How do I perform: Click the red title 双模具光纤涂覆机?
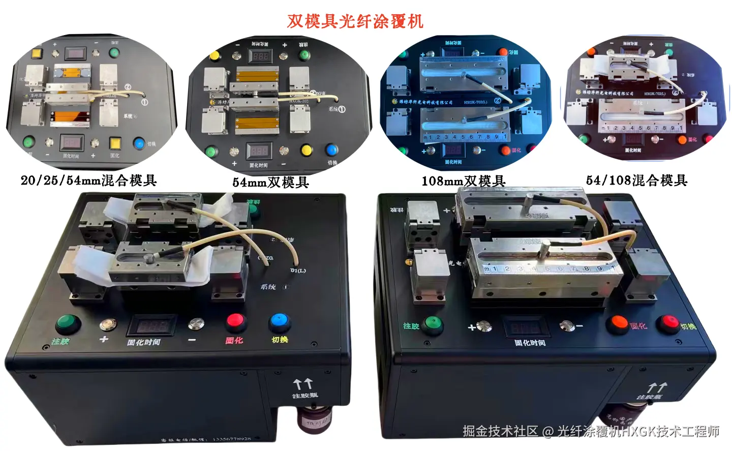point(355,21)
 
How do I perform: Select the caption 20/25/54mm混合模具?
point(88,181)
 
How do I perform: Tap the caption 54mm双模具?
point(270,182)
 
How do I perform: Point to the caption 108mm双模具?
point(463,181)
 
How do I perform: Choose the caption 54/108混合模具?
point(636,181)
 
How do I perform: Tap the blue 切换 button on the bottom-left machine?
point(279,321)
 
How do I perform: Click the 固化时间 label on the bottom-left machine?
point(144,342)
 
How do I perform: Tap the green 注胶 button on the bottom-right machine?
point(433,322)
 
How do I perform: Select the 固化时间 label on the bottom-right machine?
point(530,343)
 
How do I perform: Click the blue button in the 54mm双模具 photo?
point(331,150)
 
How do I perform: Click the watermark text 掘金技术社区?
point(500,431)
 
